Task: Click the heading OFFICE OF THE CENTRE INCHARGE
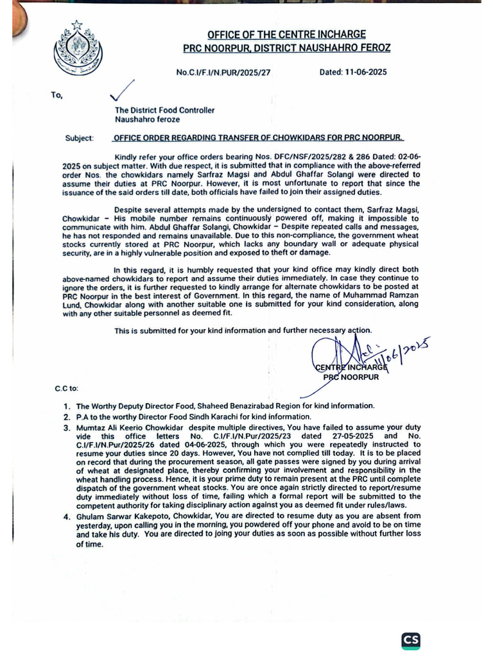click(286, 34)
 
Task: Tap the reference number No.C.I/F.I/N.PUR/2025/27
click(223, 73)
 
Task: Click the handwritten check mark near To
click(122, 90)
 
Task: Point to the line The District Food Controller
click(164, 110)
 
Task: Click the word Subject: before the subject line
click(79, 138)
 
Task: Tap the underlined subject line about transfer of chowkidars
click(259, 138)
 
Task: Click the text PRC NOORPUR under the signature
click(350, 377)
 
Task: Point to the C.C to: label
click(67, 388)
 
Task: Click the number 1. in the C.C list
click(67, 406)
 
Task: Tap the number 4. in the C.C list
click(67, 515)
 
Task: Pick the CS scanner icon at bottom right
click(411, 640)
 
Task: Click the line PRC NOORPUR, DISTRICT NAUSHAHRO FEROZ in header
click(286, 48)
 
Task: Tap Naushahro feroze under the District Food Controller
click(148, 119)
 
